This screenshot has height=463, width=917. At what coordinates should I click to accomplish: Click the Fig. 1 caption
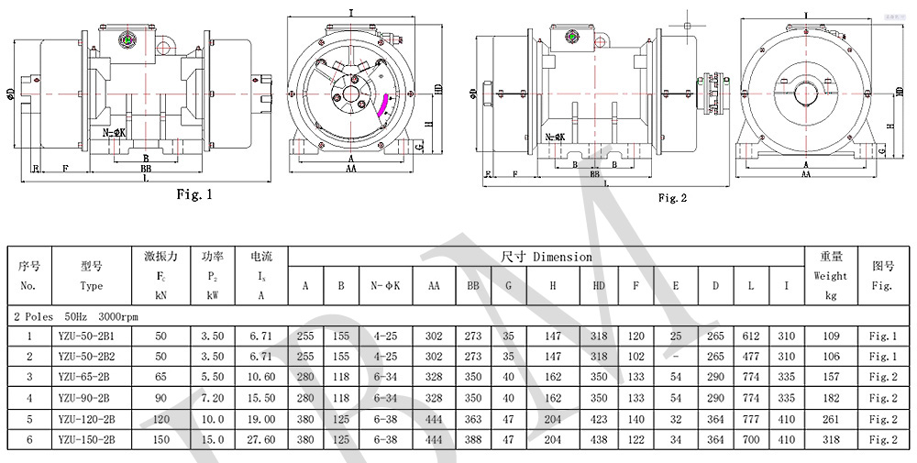coord(193,194)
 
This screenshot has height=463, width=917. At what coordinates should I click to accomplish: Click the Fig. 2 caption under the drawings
coord(672,197)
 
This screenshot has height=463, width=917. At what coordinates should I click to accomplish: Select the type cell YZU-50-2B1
coord(92,335)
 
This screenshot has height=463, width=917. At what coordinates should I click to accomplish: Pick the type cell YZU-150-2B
coord(92,440)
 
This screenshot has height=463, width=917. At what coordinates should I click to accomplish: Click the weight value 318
coord(832,440)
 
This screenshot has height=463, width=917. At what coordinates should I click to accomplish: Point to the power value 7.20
coord(213,398)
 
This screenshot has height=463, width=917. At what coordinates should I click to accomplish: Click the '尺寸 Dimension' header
coord(547,257)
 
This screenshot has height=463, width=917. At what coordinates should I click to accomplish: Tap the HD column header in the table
coord(599,286)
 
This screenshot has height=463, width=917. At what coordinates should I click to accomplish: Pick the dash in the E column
coord(676,356)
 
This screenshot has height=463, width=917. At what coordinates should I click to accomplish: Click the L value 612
coord(751,335)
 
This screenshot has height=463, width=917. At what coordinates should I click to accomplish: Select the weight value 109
coord(832,335)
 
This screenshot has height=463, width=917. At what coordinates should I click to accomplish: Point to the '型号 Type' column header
coord(92,275)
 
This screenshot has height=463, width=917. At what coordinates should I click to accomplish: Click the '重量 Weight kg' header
coord(832,275)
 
